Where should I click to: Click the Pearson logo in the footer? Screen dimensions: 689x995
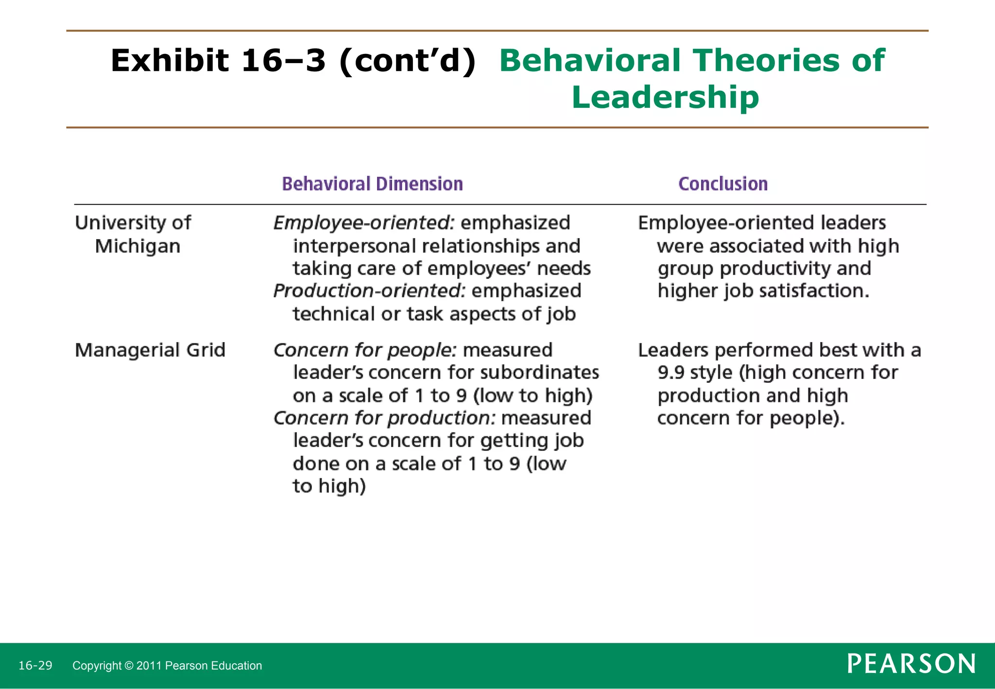(x=911, y=664)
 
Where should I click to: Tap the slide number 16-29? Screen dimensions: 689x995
(x=35, y=665)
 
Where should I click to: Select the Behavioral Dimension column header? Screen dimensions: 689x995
(x=372, y=184)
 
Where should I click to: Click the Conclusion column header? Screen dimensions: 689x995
(x=723, y=184)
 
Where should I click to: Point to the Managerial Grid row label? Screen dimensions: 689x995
(x=150, y=350)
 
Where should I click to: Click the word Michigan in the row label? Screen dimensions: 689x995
(x=137, y=246)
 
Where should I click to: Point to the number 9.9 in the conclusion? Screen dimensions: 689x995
(x=670, y=373)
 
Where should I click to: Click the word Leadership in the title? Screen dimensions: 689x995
(x=665, y=97)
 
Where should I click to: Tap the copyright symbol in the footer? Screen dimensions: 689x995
(x=129, y=666)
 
